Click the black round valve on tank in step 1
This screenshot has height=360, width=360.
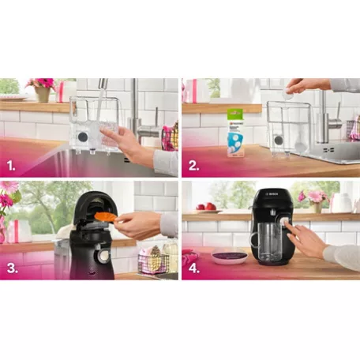click(83, 136)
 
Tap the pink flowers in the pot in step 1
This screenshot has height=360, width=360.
click(39, 84)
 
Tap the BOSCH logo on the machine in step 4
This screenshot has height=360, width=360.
click(270, 193)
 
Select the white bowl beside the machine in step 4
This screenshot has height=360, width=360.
click(229, 254)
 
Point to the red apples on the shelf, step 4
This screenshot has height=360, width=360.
click(206, 207)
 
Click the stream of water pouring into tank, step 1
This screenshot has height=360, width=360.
click(100, 107)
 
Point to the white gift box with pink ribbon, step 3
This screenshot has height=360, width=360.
click(17, 231)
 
